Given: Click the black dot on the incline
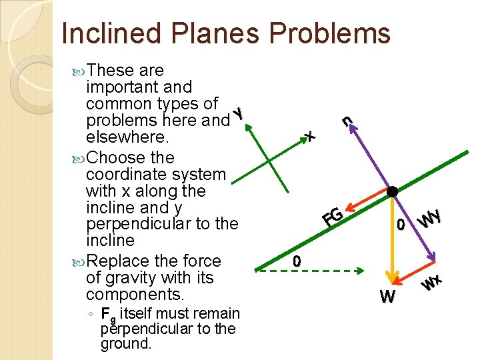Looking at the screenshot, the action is pos(393,192).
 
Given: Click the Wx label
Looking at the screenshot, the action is pos(433,283).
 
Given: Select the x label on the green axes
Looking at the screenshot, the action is pos(309,137).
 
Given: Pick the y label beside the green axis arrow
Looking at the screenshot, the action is pos(237,114).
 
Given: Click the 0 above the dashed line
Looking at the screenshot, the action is pos(297,261).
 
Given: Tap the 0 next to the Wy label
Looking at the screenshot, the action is pos(401,225).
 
